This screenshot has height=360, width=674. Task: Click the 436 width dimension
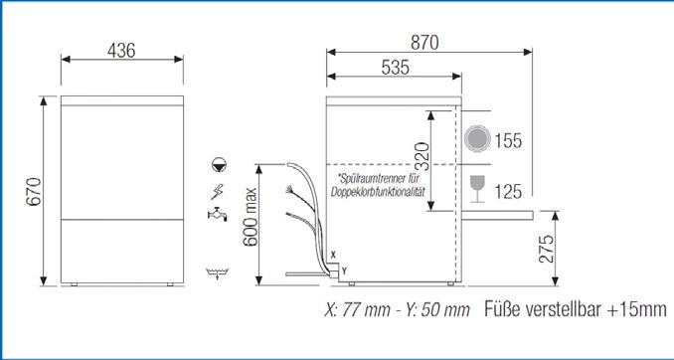tap(121, 51)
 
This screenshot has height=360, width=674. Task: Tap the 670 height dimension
tap(34, 191)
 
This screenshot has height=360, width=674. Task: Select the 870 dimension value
tap(424, 43)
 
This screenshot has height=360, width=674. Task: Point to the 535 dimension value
tap(395, 68)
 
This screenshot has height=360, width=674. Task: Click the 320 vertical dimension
tap(422, 156)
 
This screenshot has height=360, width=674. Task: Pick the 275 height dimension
tap(546, 249)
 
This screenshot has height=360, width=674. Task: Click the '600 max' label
tap(251, 217)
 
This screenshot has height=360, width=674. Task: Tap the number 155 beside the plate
tap(508, 140)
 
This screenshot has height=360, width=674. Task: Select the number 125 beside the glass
tap(508, 191)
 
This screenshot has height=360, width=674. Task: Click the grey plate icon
tap(478, 139)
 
